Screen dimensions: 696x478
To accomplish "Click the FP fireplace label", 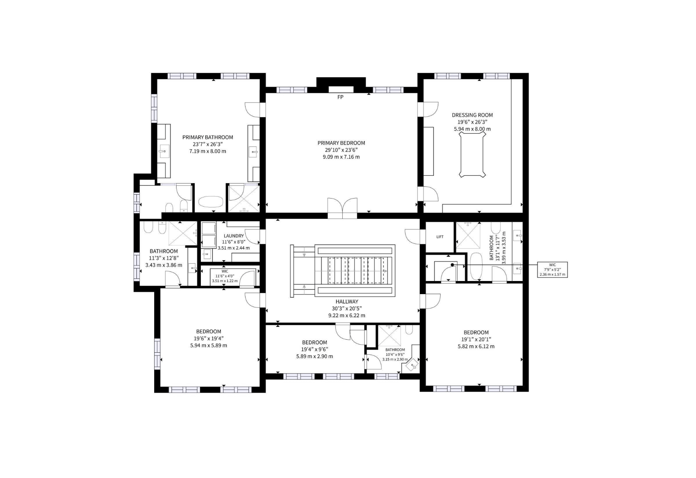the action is pos(340,97).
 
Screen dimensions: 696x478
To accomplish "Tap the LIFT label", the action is pos(440,237).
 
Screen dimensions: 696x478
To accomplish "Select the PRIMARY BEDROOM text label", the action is pos(341,143).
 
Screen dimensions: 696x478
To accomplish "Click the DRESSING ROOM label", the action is pos(472,115).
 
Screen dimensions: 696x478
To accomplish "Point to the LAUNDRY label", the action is pos(234,236).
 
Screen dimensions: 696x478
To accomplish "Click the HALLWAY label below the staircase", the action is pos(346,301).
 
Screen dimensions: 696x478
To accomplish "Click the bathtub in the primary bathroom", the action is pos(211,202).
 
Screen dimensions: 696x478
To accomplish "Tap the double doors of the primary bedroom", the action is pos(342,209).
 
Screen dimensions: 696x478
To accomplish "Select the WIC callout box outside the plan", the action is pos(553,269).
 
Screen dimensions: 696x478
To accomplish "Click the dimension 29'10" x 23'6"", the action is pos(341,150).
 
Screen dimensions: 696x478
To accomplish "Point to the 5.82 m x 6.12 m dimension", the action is pos(476,347).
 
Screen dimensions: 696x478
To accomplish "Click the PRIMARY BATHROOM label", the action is pos(208,137).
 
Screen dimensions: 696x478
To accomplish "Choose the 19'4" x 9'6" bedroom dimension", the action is pos(314,349).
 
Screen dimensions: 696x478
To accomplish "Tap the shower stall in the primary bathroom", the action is pos(244,198).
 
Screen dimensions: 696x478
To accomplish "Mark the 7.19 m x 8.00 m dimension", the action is pos(208,151).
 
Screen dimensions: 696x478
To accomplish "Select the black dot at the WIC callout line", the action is pos(452,265).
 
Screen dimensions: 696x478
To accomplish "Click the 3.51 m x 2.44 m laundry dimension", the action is pos(234,248).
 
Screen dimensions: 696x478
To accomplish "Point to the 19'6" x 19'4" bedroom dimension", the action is pos(208,338).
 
